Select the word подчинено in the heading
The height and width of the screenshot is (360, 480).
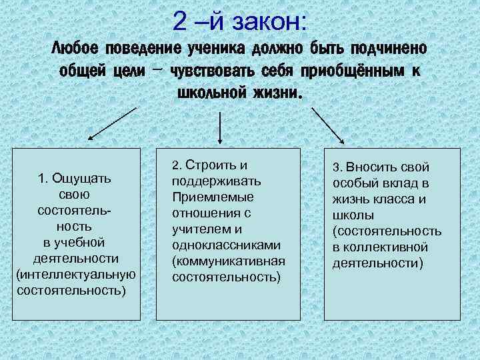click(390, 49)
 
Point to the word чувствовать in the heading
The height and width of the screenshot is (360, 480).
click(217, 71)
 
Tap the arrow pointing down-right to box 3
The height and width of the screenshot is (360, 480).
click(327, 126)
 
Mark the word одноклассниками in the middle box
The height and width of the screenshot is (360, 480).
click(225, 245)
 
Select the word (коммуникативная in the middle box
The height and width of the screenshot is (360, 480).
click(228, 261)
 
